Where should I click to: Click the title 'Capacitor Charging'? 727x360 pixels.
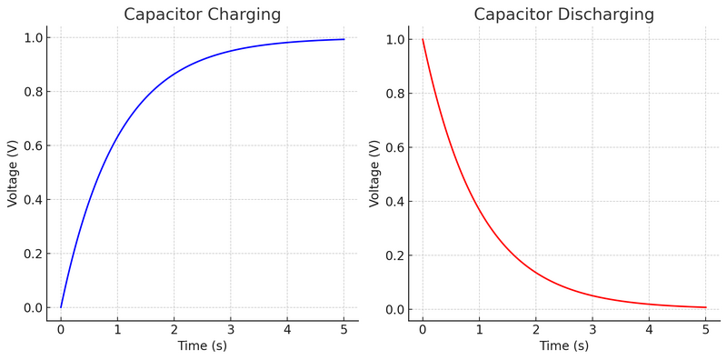[x=202, y=15]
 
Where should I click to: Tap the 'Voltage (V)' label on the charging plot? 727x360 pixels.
[x=13, y=173]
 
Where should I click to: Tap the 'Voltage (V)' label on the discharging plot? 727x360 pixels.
[x=374, y=173]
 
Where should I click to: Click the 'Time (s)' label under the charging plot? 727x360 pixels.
[x=202, y=346]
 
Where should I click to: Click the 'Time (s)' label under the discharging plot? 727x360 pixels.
[x=563, y=346]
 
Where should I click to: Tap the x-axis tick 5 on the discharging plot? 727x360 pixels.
[x=706, y=329]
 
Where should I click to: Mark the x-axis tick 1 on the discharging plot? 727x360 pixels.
[x=479, y=329]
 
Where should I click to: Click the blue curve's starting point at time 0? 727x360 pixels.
[x=61, y=307]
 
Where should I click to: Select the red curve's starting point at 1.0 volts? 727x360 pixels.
[x=423, y=40]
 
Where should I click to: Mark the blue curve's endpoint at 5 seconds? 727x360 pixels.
[x=344, y=39]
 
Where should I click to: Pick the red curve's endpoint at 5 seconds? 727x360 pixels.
[x=706, y=307]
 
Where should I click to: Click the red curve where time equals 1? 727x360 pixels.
[x=479, y=210]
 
